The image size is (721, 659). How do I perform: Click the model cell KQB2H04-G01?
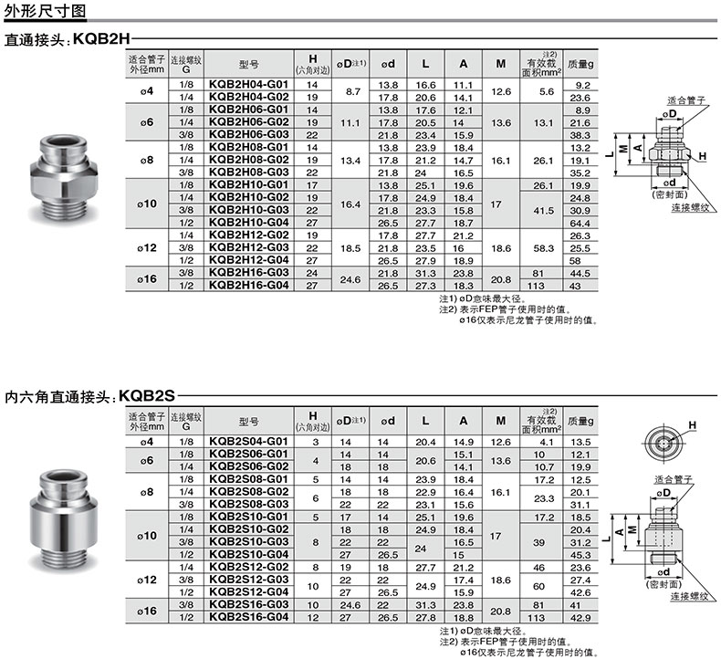pos(248,85)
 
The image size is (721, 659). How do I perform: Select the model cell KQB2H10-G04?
pos(248,223)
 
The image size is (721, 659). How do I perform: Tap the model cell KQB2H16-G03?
pos(248,273)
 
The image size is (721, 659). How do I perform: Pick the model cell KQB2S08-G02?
pos(248,492)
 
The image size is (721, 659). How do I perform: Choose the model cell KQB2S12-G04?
pos(248,591)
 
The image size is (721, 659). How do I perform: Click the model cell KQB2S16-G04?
pos(248,617)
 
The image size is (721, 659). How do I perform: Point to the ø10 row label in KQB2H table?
pos(147,204)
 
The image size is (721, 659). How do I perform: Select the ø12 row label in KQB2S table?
pos(147,580)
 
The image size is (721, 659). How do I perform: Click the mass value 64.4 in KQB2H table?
pos(580,223)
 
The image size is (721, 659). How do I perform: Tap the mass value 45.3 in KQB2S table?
pos(580,555)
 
